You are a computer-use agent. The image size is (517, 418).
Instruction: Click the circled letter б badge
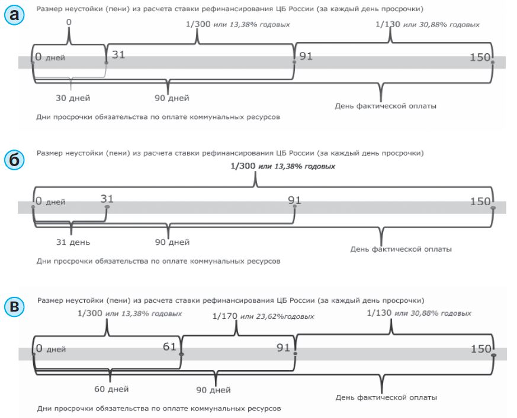(15, 160)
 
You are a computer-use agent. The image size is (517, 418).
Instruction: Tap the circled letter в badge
(15, 307)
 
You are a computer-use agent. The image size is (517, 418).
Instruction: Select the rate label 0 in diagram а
(69, 22)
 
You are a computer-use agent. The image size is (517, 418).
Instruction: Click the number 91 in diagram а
(306, 56)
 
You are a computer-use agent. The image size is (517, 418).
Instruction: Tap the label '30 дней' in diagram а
(73, 98)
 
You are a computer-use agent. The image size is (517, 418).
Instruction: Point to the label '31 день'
(72, 242)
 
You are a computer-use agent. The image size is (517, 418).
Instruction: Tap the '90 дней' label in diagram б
(172, 242)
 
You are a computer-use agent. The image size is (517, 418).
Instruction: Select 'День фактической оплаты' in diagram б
(401, 249)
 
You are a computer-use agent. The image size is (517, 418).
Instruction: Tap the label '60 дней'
(111, 389)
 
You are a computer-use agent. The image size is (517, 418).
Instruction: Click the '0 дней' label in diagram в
(51, 349)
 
